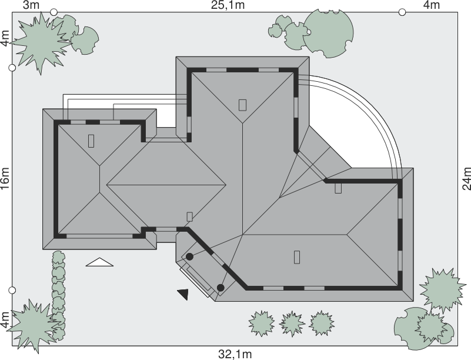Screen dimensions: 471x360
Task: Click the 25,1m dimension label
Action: pos(228,5)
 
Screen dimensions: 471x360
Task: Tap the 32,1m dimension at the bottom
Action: pos(235,354)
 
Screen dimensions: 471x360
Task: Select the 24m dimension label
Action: pos(466,178)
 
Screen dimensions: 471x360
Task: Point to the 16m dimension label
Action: pos(5,178)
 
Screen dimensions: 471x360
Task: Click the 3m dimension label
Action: pos(31,5)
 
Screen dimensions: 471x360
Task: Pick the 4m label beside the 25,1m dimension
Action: pos(432,5)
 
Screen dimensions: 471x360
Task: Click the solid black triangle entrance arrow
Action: pos(183,294)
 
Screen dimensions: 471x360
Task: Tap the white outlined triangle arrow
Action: pos(99,262)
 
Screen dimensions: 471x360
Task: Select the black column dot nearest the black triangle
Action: pos(221,288)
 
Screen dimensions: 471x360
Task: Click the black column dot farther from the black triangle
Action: pos(189,256)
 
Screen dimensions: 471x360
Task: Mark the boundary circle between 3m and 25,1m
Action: pos(54,12)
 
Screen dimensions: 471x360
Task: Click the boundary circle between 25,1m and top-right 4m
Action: pos(402,12)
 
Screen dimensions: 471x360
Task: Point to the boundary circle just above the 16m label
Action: pos(12,68)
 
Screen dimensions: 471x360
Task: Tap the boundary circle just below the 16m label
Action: pos(12,290)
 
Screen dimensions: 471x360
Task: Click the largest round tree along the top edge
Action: pos(328,33)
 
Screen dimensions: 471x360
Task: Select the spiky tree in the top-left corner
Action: pos(41,42)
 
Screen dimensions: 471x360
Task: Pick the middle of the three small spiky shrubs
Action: pos(292,324)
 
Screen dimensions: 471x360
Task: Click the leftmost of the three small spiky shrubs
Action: pos(262,324)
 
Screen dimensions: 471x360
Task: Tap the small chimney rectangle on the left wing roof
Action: pos(91,141)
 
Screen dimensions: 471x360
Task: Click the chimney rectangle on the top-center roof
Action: pos(242,105)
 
